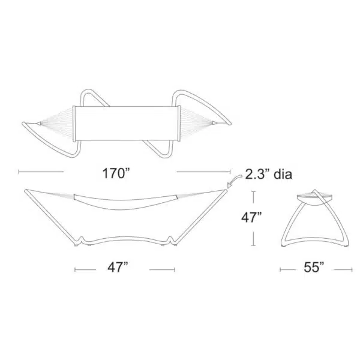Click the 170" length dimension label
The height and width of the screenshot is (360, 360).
click(x=116, y=173)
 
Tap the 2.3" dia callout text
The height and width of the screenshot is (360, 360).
click(x=269, y=174)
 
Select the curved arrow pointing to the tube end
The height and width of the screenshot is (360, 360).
click(x=234, y=181)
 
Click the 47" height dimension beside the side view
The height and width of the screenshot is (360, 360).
click(x=251, y=217)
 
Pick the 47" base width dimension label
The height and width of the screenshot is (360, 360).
click(x=118, y=267)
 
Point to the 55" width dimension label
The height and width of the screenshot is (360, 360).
click(x=314, y=267)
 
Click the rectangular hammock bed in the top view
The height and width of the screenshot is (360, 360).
click(x=126, y=124)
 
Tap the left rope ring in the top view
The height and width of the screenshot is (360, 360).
click(x=39, y=124)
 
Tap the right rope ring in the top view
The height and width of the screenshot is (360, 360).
click(x=214, y=122)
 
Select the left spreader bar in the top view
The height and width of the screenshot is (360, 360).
click(x=74, y=124)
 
